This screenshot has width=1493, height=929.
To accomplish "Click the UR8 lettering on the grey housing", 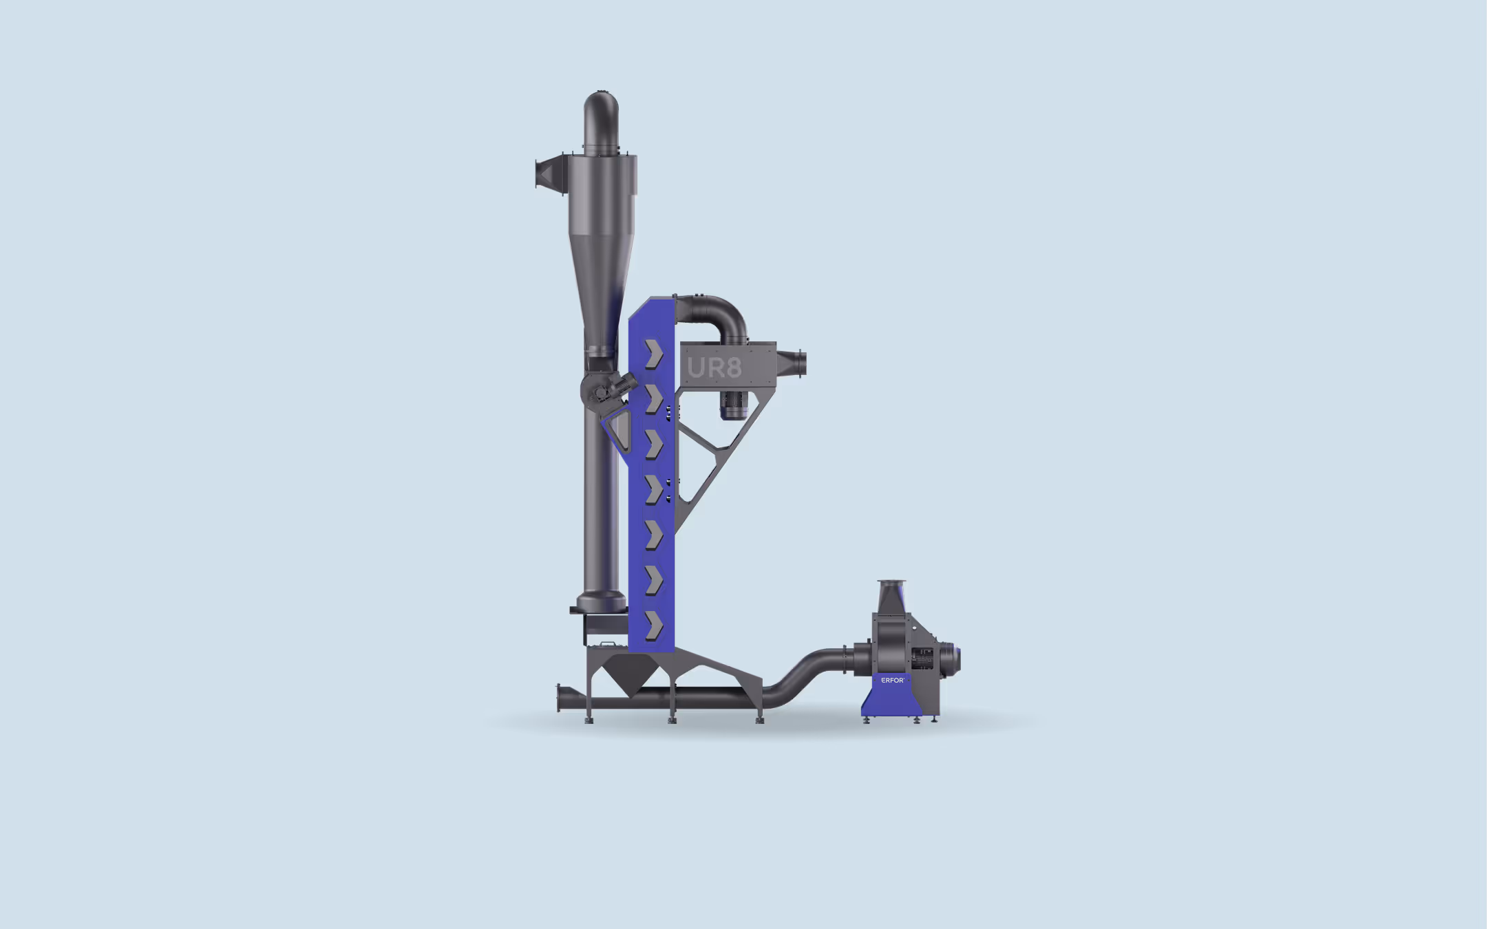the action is click(714, 367).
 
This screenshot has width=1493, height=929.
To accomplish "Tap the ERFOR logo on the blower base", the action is click(893, 680).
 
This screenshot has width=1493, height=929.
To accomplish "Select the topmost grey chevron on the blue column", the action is click(653, 354).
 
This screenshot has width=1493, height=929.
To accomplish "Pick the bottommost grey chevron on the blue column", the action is click(653, 626).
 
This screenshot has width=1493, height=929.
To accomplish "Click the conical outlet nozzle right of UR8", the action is click(792, 363).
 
